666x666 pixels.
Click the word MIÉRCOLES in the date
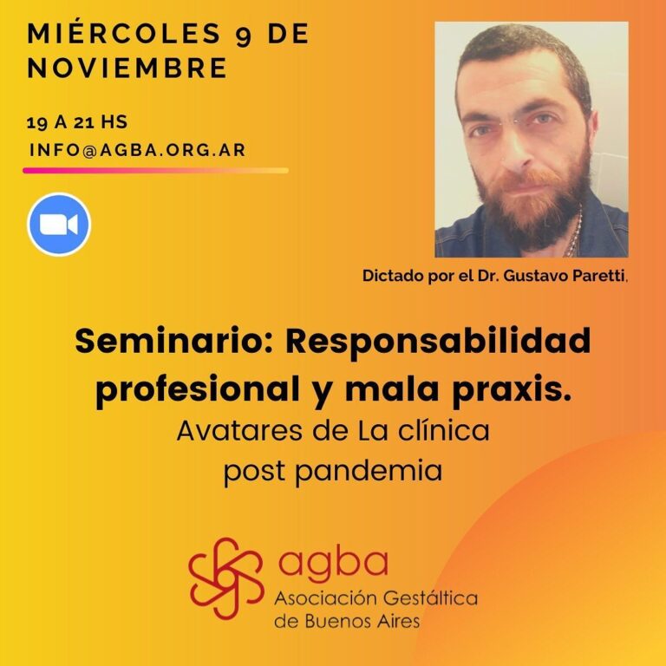(x=124, y=33)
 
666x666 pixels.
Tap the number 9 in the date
(x=244, y=36)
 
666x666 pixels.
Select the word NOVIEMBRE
(x=127, y=68)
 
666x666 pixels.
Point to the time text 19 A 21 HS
(x=77, y=122)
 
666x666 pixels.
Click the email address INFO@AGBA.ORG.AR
(x=138, y=150)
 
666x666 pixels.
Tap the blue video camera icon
(x=59, y=225)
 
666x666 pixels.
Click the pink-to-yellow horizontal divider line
(x=155, y=171)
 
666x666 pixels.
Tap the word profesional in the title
(x=198, y=390)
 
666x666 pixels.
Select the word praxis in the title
(x=512, y=390)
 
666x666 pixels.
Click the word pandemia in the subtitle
(x=369, y=471)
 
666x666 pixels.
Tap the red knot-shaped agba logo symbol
(x=226, y=578)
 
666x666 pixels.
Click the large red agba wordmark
(x=333, y=563)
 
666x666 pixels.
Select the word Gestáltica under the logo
(x=428, y=599)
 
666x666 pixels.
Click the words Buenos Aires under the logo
(x=362, y=622)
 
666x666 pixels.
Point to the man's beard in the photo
(x=531, y=204)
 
